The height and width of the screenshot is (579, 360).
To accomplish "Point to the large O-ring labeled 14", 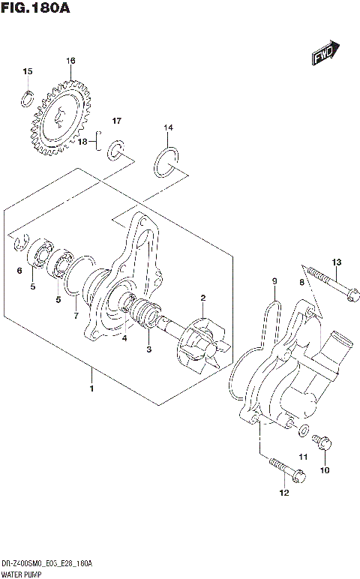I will pos(166,162).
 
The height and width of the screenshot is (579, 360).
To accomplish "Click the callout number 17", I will pos(117,121).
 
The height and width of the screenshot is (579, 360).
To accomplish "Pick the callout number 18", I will pos(84,141).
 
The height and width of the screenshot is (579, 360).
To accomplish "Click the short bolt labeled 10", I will pos(323,444).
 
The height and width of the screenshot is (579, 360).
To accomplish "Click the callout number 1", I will pos(92,388).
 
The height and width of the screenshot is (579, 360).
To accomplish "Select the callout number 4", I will pos(124,338).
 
